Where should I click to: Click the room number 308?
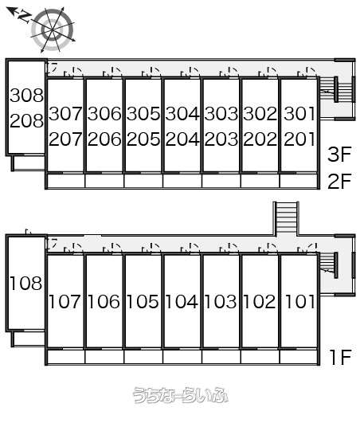[x=26, y=96]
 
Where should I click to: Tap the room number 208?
[x=26, y=120]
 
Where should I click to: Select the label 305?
[x=143, y=114]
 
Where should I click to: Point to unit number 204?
[x=182, y=139]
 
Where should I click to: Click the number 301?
[x=299, y=114]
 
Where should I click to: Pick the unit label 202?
[x=260, y=139]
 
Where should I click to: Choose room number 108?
[x=26, y=284]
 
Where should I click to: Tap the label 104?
[x=182, y=302]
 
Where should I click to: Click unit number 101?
[x=299, y=302]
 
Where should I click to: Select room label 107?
[x=65, y=302]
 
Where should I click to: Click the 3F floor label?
[x=339, y=154]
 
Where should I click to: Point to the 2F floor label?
[x=339, y=181]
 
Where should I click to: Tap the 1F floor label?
[x=341, y=357]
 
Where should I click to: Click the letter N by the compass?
[x=24, y=17]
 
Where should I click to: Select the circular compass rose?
[x=53, y=29]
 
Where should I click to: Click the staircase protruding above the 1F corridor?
[x=286, y=218]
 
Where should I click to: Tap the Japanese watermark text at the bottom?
[x=181, y=395]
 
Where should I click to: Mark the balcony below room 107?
[x=65, y=357]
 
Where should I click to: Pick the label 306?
[x=104, y=114]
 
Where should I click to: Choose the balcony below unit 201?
[x=299, y=181]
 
